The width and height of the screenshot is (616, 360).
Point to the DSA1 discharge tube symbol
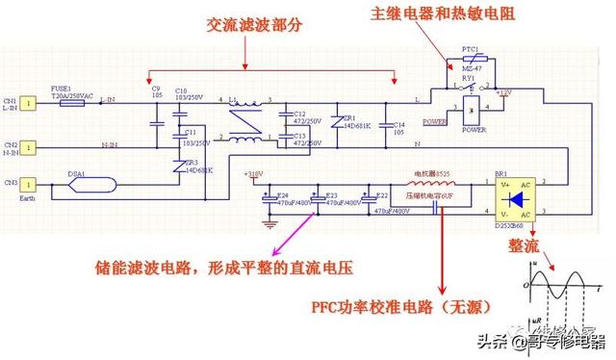tap(95, 183)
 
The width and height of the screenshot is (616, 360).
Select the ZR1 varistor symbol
tap(334, 122)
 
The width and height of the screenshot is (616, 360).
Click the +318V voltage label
tap(253, 174)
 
